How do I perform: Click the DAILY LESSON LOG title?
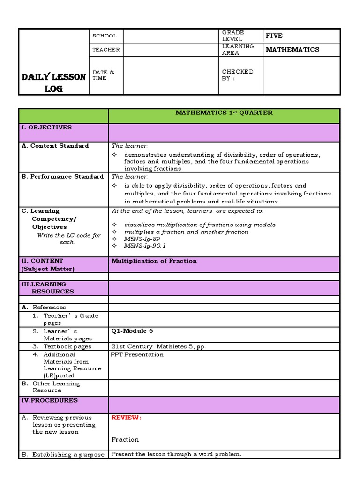[53, 82]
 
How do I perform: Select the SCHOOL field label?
[104, 36]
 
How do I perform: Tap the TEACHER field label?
[106, 50]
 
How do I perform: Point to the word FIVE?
[274, 36]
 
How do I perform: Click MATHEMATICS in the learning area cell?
[292, 50]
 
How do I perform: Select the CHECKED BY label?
[237, 75]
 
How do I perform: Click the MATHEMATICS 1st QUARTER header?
[224, 113]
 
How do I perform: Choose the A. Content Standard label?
[55, 146]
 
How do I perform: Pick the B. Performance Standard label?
[62, 177]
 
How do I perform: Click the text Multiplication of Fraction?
[154, 261]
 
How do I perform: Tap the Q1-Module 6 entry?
[132, 331]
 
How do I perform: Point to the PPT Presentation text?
[137, 354]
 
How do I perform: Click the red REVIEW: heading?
[126, 418]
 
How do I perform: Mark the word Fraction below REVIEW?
[125, 440]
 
